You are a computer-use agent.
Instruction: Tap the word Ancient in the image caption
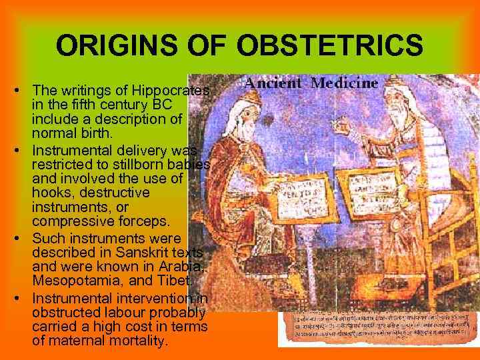tap(273, 83)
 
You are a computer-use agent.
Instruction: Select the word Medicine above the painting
tap(345, 83)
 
